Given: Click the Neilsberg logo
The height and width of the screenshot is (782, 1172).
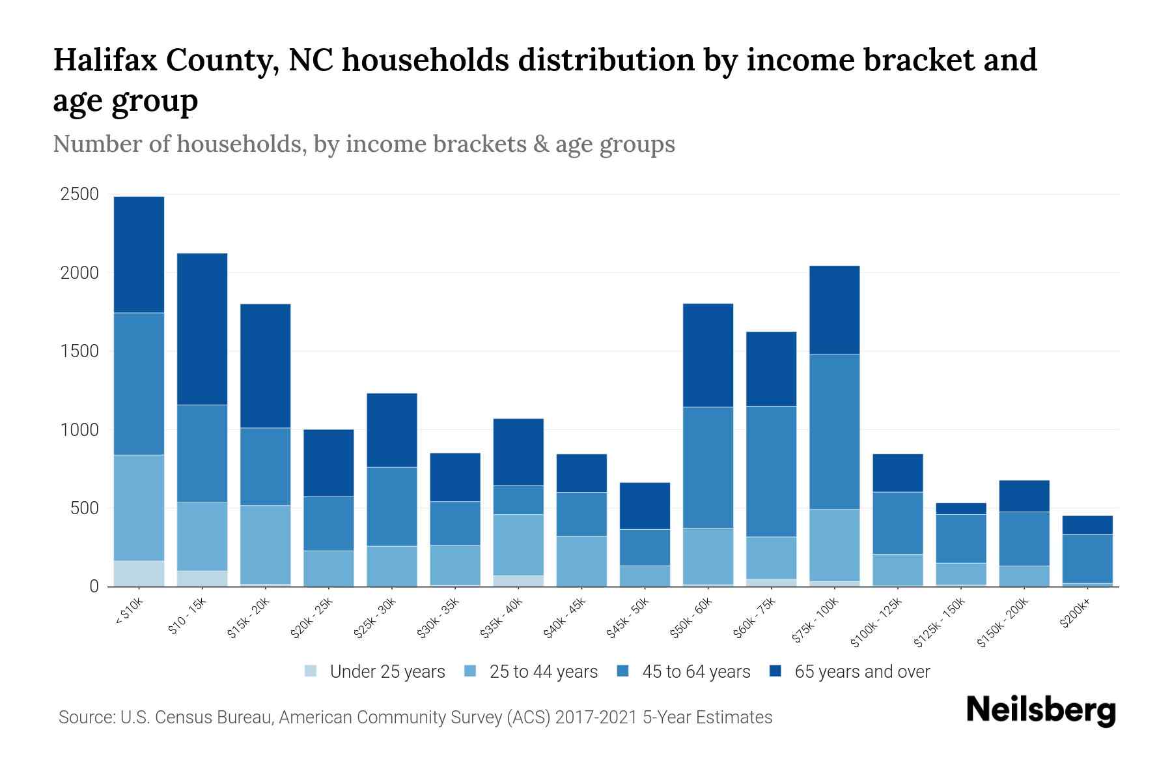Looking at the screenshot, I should point(1040,710).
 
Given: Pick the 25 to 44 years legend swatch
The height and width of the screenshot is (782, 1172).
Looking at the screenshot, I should point(470,671).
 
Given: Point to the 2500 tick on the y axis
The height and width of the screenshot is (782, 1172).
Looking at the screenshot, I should point(79,194).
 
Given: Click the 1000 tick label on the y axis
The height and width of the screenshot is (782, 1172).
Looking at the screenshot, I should point(79,430).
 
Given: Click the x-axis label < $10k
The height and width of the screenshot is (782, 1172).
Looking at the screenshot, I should point(130,613).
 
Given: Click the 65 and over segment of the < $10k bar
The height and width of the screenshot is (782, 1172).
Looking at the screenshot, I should point(139,254).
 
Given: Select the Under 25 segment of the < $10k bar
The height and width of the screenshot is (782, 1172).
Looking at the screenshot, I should point(139,573).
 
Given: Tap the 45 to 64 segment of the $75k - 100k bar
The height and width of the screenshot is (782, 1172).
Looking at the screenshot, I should point(834,431).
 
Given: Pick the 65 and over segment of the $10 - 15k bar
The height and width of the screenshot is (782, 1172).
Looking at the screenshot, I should point(202,329).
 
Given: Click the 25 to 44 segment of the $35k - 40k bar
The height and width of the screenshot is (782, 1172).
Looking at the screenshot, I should point(518,544).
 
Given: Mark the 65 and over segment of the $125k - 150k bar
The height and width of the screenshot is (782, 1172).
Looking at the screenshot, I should point(960,508).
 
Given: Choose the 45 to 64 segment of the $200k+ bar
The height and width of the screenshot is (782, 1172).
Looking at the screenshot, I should point(1087,558).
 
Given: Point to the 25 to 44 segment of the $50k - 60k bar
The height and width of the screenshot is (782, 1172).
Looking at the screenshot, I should point(708,556).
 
